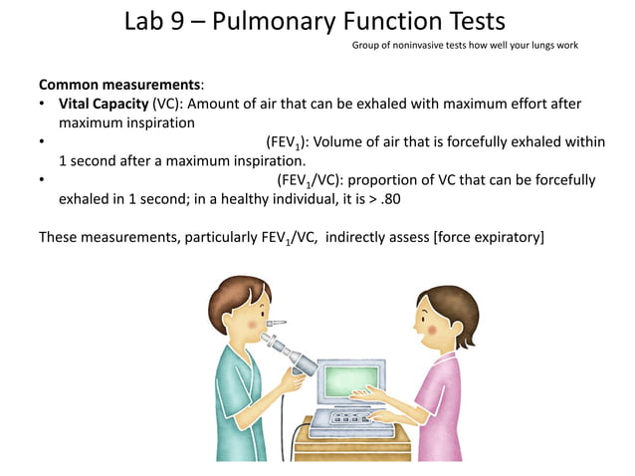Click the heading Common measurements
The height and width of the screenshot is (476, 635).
118,85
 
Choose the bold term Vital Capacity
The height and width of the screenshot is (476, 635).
103,104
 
